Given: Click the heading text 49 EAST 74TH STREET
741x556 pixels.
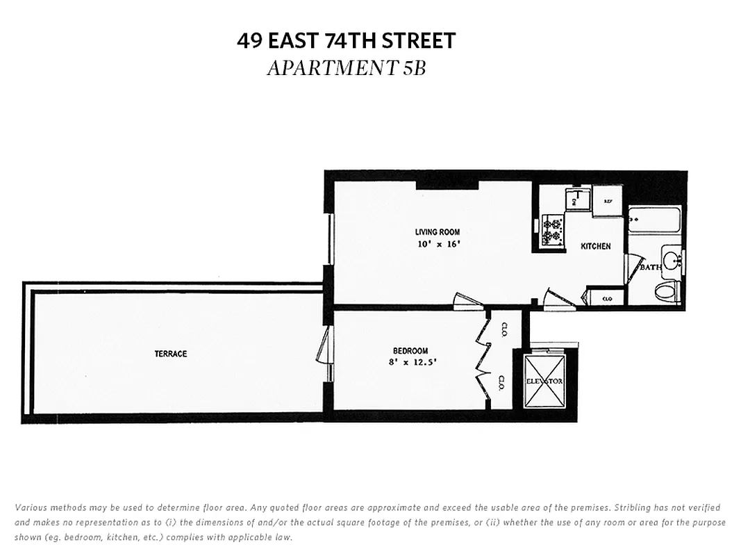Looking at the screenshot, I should tap(346, 41).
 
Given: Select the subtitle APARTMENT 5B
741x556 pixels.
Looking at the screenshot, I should tap(346, 68).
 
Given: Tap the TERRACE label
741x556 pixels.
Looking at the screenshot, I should tap(171, 354).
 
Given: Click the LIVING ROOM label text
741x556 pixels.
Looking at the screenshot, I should tap(438, 232).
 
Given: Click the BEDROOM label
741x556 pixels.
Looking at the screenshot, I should tap(410, 351).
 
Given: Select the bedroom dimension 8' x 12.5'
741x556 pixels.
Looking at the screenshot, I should tap(414, 362).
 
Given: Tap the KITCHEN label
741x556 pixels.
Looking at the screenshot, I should tap(596, 246).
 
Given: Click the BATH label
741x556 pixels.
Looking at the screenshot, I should tap(651, 268).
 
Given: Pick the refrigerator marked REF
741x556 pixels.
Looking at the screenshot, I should tap(608, 202).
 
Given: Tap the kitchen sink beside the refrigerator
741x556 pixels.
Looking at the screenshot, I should tap(577, 200).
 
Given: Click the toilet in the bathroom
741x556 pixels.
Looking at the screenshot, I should tap(667, 291).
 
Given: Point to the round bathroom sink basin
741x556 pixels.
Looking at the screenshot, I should tap(672, 261).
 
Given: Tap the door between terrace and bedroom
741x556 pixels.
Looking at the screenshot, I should tap(323, 347).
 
